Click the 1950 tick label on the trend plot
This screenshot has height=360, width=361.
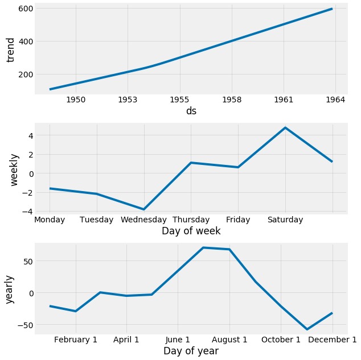tap(76, 100)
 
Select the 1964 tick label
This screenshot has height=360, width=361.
tap(335, 100)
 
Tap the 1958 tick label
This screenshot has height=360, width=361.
tap(231, 100)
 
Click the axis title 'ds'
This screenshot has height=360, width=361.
tap(191, 111)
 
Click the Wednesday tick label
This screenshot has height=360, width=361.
tap(143, 220)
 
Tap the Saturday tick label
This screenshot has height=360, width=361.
tap(285, 220)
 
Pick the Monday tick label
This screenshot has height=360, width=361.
tap(50, 220)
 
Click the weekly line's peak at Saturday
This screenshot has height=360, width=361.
tap(285, 127)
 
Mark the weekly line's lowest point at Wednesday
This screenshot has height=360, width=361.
tap(143, 209)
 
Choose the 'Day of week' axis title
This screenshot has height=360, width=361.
tap(191, 231)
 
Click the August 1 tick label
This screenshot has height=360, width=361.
tap(230, 340)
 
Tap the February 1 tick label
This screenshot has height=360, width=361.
tap(76, 340)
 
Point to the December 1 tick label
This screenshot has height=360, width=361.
tap(332, 340)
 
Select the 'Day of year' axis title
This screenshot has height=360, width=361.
tap(191, 351)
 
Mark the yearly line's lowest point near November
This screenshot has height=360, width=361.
tap(307, 329)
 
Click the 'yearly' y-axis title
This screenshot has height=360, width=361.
tap(10, 288)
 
